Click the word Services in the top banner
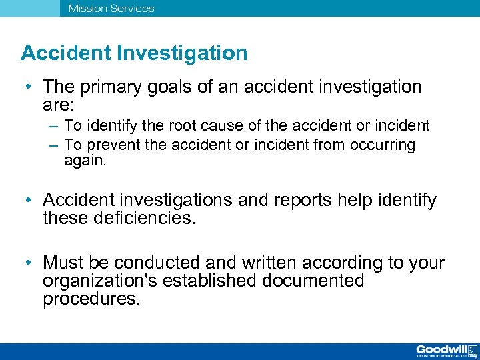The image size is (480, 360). [131, 9]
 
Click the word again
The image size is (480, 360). [83, 160]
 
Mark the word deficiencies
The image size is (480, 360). [140, 217]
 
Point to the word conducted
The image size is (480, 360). [155, 263]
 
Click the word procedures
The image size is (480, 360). [91, 298]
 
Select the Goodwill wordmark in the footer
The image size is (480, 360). [441, 349]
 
